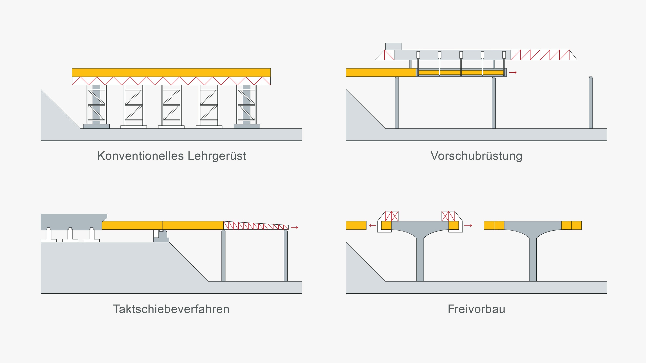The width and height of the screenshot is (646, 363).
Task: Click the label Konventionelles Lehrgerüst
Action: (x=172, y=156)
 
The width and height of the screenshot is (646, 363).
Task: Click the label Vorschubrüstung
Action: (x=476, y=156)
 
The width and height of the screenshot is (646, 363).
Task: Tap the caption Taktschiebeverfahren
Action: (x=171, y=309)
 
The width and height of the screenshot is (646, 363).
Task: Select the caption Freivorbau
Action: (x=476, y=309)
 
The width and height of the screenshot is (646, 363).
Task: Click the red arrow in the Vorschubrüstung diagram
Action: (x=513, y=73)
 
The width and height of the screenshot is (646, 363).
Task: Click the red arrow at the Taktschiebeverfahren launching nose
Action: (x=294, y=227)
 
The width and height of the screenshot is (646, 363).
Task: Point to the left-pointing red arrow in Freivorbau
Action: (x=373, y=225)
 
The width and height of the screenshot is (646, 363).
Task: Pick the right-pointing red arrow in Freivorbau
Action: (x=468, y=225)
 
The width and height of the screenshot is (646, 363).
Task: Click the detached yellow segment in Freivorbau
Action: (x=356, y=225)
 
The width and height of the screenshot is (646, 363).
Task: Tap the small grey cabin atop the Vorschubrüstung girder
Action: (x=393, y=46)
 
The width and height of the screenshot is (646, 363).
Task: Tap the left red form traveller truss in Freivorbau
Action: (x=392, y=216)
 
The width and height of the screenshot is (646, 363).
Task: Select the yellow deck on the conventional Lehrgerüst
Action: (x=171, y=72)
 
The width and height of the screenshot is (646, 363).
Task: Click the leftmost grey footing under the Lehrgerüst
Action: (x=96, y=126)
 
